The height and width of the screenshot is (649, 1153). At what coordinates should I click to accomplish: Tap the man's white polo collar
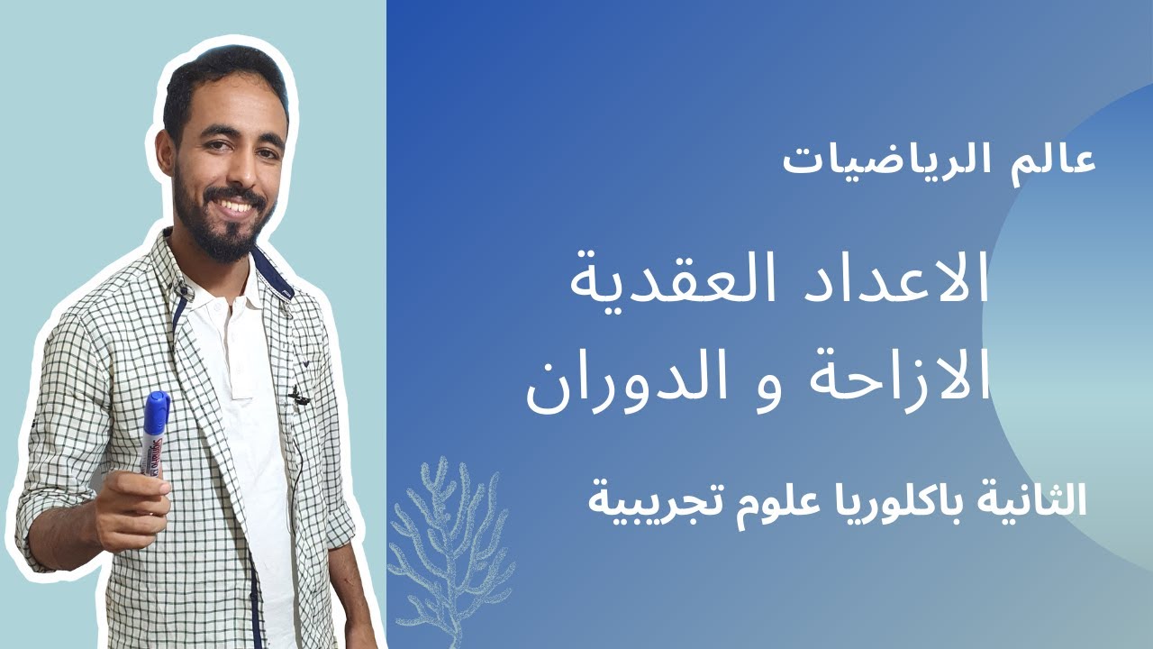[x=216, y=284]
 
